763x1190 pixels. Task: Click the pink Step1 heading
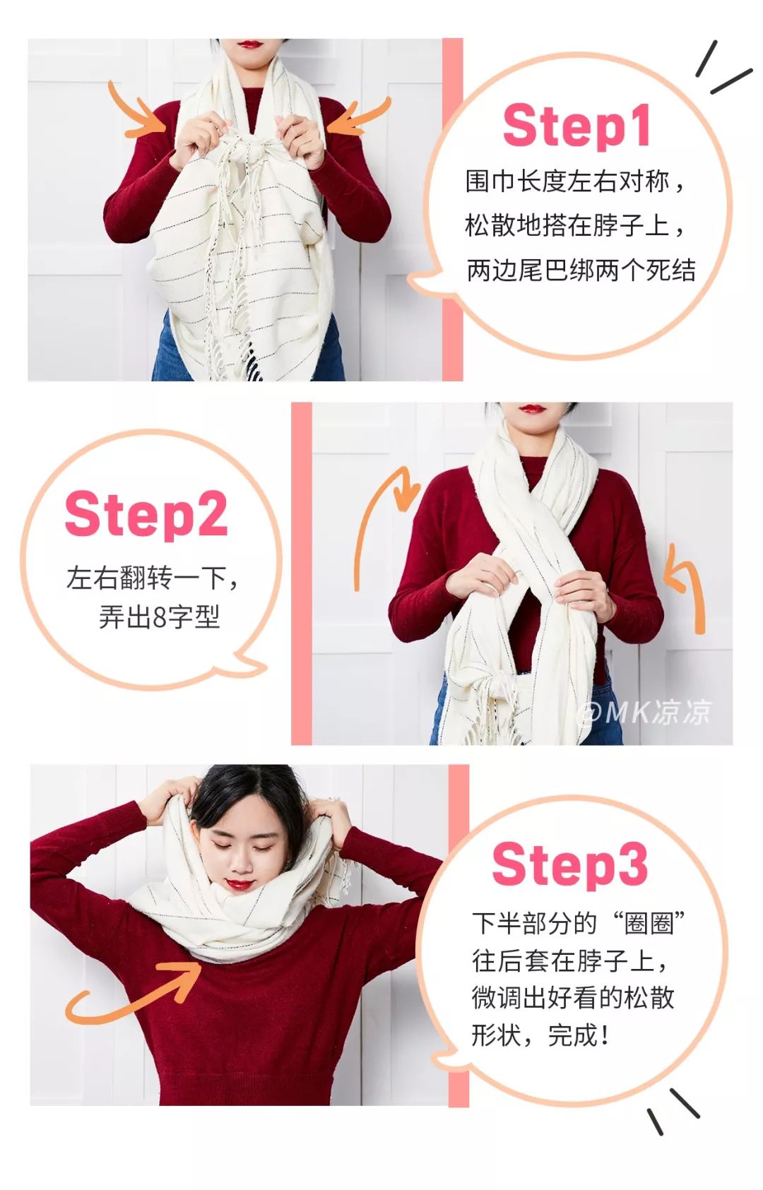pyautogui.click(x=576, y=126)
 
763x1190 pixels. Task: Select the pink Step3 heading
pyautogui.click(x=570, y=865)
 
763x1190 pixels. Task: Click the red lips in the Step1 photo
pyautogui.click(x=250, y=44)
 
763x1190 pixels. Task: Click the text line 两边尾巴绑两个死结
pyautogui.click(x=581, y=270)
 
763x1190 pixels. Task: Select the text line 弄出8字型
pyautogui.click(x=159, y=617)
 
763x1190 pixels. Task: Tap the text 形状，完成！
pyautogui.click(x=540, y=1036)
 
